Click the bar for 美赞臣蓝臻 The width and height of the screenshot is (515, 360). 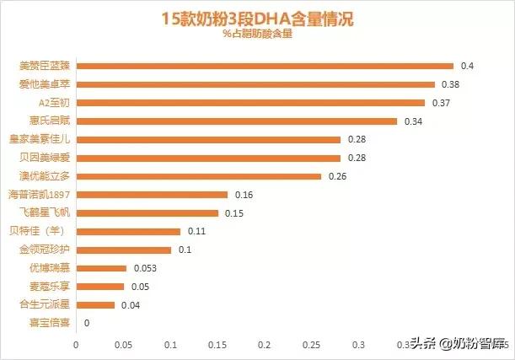(x=265, y=66)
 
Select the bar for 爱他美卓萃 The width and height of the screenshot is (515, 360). (x=255, y=84)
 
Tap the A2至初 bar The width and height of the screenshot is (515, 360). (x=250, y=103)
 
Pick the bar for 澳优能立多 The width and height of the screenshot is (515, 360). (x=199, y=176)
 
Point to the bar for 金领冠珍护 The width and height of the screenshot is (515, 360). (x=124, y=250)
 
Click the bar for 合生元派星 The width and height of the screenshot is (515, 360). (x=95, y=304)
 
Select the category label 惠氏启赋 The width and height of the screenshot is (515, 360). (x=52, y=121)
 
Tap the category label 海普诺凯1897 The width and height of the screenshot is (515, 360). (x=41, y=195)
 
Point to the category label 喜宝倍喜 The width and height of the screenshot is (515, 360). (x=52, y=323)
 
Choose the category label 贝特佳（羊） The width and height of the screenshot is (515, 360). (x=47, y=231)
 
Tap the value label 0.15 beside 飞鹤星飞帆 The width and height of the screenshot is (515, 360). (x=235, y=212)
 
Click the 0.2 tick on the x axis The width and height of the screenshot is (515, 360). (x=265, y=344)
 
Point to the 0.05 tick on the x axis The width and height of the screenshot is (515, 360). (x=123, y=344)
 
